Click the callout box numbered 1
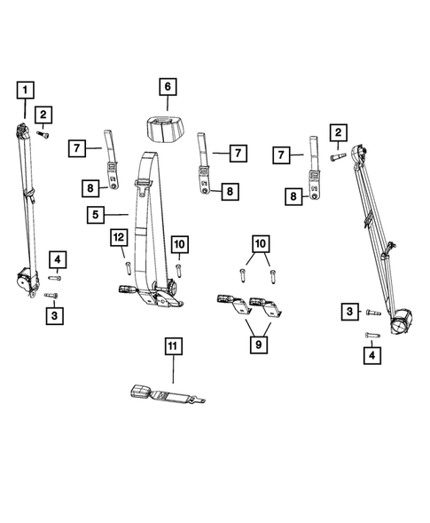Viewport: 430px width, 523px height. (x=25, y=89)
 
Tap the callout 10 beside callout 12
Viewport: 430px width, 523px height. (x=177, y=243)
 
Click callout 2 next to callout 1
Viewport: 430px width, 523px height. (x=42, y=113)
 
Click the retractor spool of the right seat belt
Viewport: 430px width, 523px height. (x=404, y=319)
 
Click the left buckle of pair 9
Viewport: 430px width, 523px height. (x=231, y=304)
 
